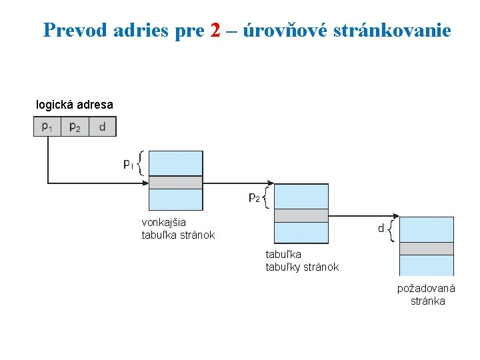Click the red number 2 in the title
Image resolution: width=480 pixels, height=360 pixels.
(x=215, y=30)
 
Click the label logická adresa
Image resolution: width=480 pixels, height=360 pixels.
(x=74, y=105)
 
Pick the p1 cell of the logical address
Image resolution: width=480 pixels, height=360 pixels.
(x=47, y=126)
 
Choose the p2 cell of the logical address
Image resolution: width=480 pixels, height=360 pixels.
(x=75, y=126)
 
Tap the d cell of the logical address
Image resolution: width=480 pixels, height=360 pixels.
(x=101, y=126)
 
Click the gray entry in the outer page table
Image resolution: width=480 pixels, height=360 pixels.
(x=175, y=182)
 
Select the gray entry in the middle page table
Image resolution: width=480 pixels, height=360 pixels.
(x=301, y=215)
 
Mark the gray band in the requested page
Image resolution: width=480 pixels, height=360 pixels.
(x=426, y=248)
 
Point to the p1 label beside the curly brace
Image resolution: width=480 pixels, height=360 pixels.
(x=129, y=163)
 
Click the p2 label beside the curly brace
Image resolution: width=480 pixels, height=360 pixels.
(x=254, y=197)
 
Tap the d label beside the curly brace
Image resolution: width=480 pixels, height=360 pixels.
(x=381, y=229)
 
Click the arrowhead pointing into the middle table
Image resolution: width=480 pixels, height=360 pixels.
(x=271, y=182)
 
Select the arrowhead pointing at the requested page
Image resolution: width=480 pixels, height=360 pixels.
(x=396, y=215)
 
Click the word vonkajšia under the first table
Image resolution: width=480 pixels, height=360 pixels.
(x=164, y=223)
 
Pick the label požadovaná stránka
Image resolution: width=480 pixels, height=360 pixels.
(x=426, y=295)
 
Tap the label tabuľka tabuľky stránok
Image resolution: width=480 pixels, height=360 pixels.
(x=302, y=261)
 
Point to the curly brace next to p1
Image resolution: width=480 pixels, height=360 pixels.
(x=141, y=163)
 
